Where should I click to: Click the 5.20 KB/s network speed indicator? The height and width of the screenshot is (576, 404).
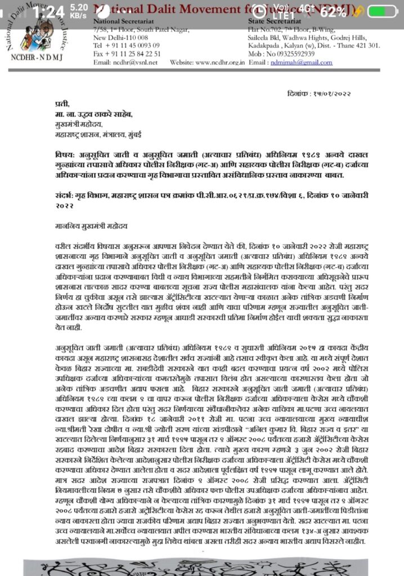tap(78, 11)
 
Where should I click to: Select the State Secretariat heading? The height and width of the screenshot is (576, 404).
tap(271, 21)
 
